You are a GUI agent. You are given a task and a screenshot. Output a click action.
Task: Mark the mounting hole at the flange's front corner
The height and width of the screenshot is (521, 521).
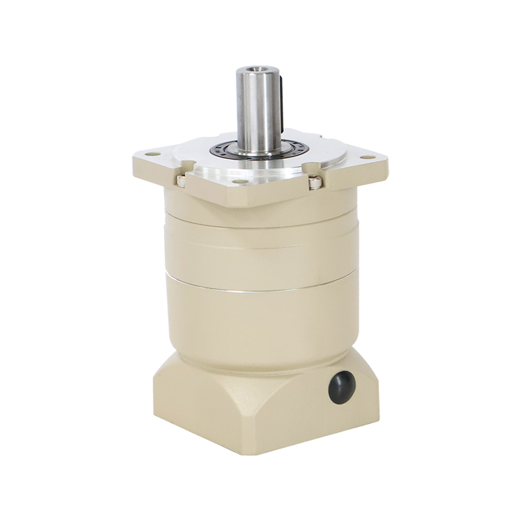pyautogui.click(x=240, y=182)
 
